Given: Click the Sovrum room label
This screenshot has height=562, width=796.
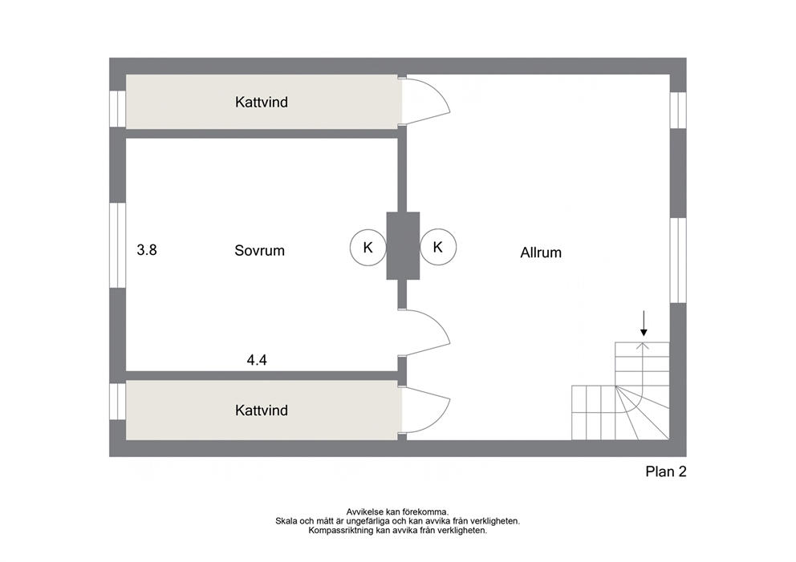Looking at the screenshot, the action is tap(259, 251).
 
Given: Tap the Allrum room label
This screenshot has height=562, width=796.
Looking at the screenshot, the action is tap(541, 253).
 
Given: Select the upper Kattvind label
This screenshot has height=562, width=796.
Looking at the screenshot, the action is tap(262, 102).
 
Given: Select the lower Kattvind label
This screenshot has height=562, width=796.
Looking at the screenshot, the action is tap(262, 410).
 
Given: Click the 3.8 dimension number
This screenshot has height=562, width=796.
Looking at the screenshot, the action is tap(147, 250).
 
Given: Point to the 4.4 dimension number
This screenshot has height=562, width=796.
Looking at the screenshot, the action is tap(257, 360).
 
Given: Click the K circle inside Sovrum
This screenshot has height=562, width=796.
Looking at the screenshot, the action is tap(368, 248).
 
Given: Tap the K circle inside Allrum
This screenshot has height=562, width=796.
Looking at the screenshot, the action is tap(438, 247).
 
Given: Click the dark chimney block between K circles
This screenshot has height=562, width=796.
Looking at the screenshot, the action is tap(403, 246).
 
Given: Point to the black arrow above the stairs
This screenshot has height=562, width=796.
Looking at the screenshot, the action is tap(644, 323).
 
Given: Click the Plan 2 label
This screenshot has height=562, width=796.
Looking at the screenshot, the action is tap(666, 471).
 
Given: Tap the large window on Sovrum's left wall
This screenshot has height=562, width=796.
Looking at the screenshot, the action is tap(118, 245).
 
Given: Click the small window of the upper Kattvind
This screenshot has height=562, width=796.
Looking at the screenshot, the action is tap(118, 108).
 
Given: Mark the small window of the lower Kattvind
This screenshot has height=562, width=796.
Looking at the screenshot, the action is tap(118, 402).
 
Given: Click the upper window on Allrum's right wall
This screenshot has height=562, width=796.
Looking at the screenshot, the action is tap(678, 110).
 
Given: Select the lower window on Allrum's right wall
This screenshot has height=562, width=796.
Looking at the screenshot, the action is tap(678, 261).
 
